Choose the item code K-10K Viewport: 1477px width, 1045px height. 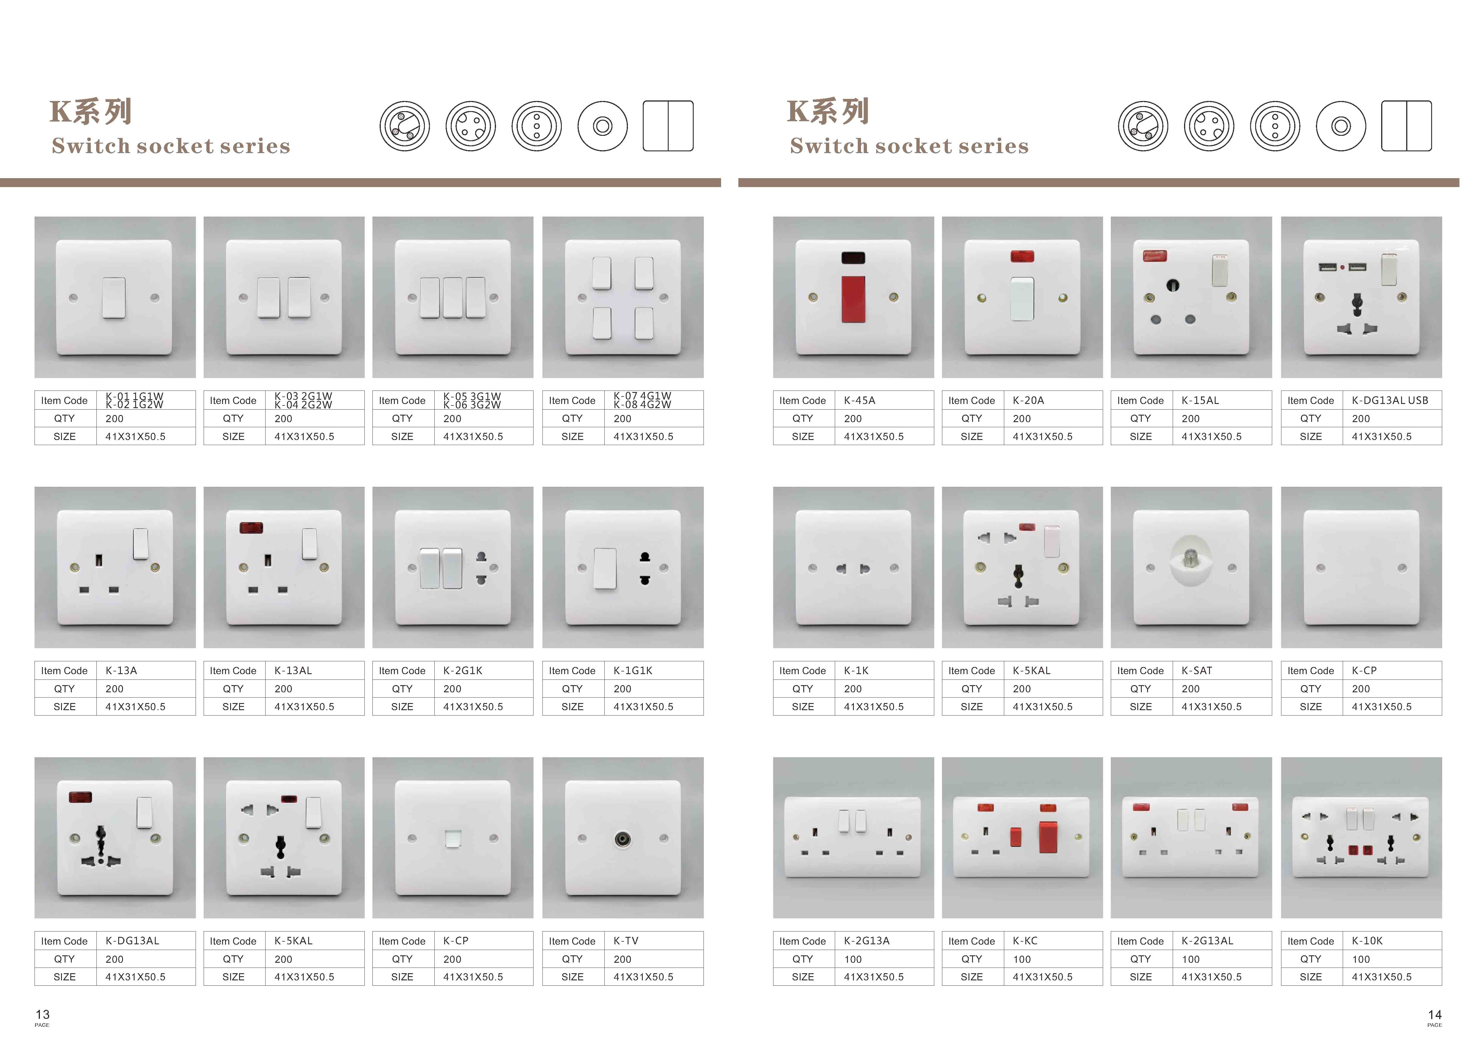click(1367, 941)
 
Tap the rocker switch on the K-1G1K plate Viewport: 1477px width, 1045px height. click(605, 568)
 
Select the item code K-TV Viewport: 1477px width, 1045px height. click(626, 941)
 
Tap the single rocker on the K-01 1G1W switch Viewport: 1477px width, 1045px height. click(114, 298)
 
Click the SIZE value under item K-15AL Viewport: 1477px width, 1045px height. click(1211, 436)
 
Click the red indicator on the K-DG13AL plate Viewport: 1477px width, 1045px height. click(80, 797)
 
